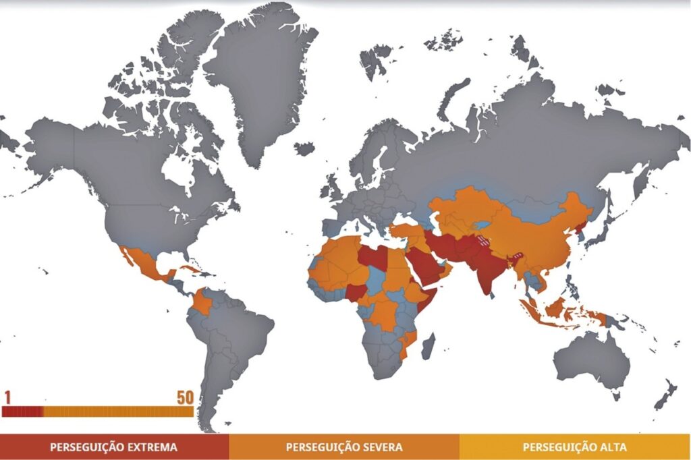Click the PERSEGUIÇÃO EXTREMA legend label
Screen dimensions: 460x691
click(x=113, y=447)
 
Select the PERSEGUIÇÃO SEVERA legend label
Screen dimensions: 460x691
click(x=344, y=447)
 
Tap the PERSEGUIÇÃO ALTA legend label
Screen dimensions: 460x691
click(x=574, y=447)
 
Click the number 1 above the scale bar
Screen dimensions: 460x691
click(x=7, y=397)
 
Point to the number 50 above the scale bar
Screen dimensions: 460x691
click(x=185, y=397)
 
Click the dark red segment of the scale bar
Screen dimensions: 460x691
click(x=23, y=411)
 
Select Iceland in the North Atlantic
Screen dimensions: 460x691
click(x=304, y=148)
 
